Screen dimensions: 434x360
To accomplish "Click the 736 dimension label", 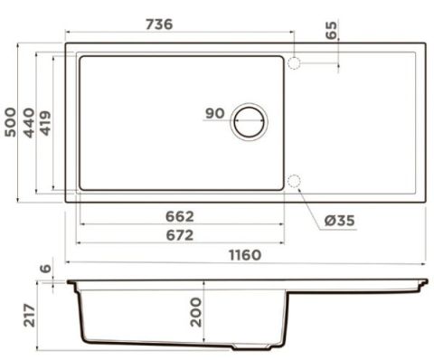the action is pos(159,24).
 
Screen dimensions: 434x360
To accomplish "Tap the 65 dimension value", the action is pos(332,30).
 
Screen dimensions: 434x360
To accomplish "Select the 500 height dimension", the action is pos(11,122).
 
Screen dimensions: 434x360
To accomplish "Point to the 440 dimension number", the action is pos(29,123).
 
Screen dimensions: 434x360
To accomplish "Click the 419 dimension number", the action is pos(45,123).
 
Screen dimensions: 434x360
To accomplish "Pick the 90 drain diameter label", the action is pos(215,113).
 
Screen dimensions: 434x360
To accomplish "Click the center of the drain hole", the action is pos(249,121).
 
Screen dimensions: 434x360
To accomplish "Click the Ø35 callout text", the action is pos(340,221).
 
